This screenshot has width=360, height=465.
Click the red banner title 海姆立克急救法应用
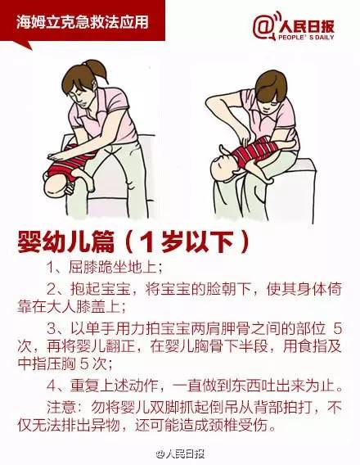pyautogui.click(x=79, y=19)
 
